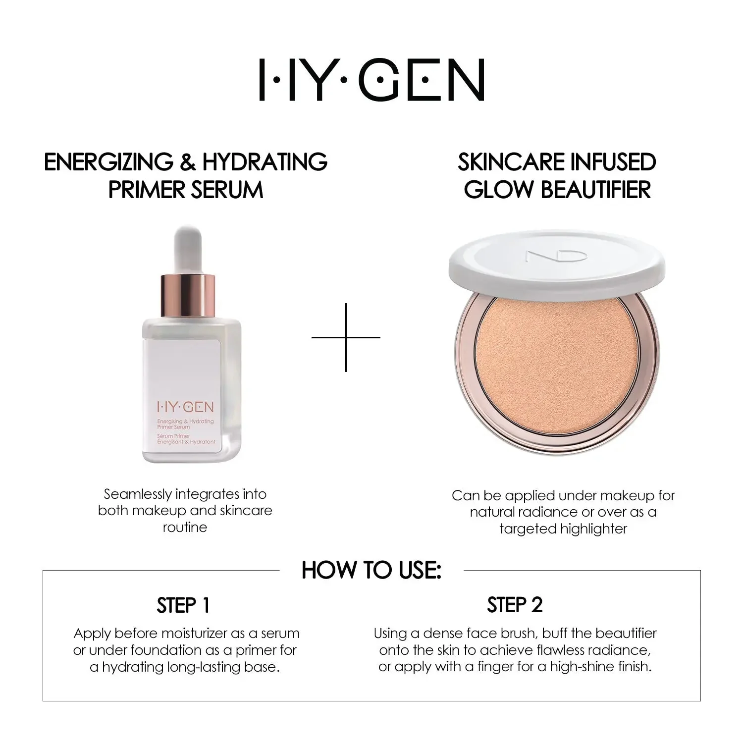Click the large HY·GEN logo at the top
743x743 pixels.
click(371, 80)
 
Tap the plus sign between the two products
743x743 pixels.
click(346, 337)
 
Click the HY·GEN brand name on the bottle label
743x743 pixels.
click(185, 407)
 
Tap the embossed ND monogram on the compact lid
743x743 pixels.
click(557, 256)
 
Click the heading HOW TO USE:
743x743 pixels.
click(371, 570)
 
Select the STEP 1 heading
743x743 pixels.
click(183, 605)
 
